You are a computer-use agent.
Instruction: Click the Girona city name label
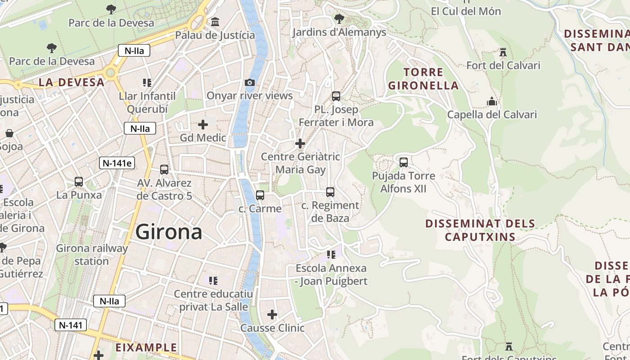(169, 232)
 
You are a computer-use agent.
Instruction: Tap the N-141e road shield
(117, 163)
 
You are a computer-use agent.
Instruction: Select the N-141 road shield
(70, 325)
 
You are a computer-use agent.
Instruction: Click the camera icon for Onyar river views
(249, 82)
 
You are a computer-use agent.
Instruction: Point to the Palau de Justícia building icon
(215, 22)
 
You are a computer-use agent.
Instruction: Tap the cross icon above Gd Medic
(203, 124)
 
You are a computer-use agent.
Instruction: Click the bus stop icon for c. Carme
(260, 195)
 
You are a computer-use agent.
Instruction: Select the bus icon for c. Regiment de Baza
(330, 192)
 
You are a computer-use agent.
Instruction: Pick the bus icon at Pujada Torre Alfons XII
(404, 162)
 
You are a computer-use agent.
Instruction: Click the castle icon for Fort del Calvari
(503, 52)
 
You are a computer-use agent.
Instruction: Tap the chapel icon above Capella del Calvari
(491, 101)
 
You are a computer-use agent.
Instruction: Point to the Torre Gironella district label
(423, 79)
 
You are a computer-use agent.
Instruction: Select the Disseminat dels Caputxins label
(480, 230)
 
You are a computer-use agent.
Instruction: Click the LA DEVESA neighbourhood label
(72, 82)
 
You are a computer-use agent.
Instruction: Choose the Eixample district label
(146, 347)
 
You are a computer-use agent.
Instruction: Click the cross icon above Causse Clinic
(272, 315)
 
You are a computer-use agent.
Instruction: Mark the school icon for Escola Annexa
(331, 255)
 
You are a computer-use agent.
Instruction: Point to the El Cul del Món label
(466, 11)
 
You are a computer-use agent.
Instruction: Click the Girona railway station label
(92, 254)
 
